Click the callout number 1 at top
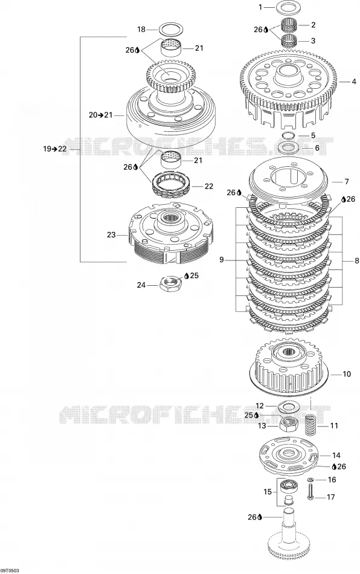pyautogui.click(x=260, y=7)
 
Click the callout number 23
pyautogui.click(x=111, y=235)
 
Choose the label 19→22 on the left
pyautogui.click(x=55, y=149)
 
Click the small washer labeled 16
pyautogui.click(x=310, y=479)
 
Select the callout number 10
pyautogui.click(x=346, y=374)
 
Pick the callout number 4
pyautogui.click(x=354, y=82)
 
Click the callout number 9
pyautogui.click(x=221, y=260)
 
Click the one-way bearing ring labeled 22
pyautogui.click(x=172, y=181)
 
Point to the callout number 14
pyautogui.click(x=336, y=455)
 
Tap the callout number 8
pyautogui.click(x=357, y=261)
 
